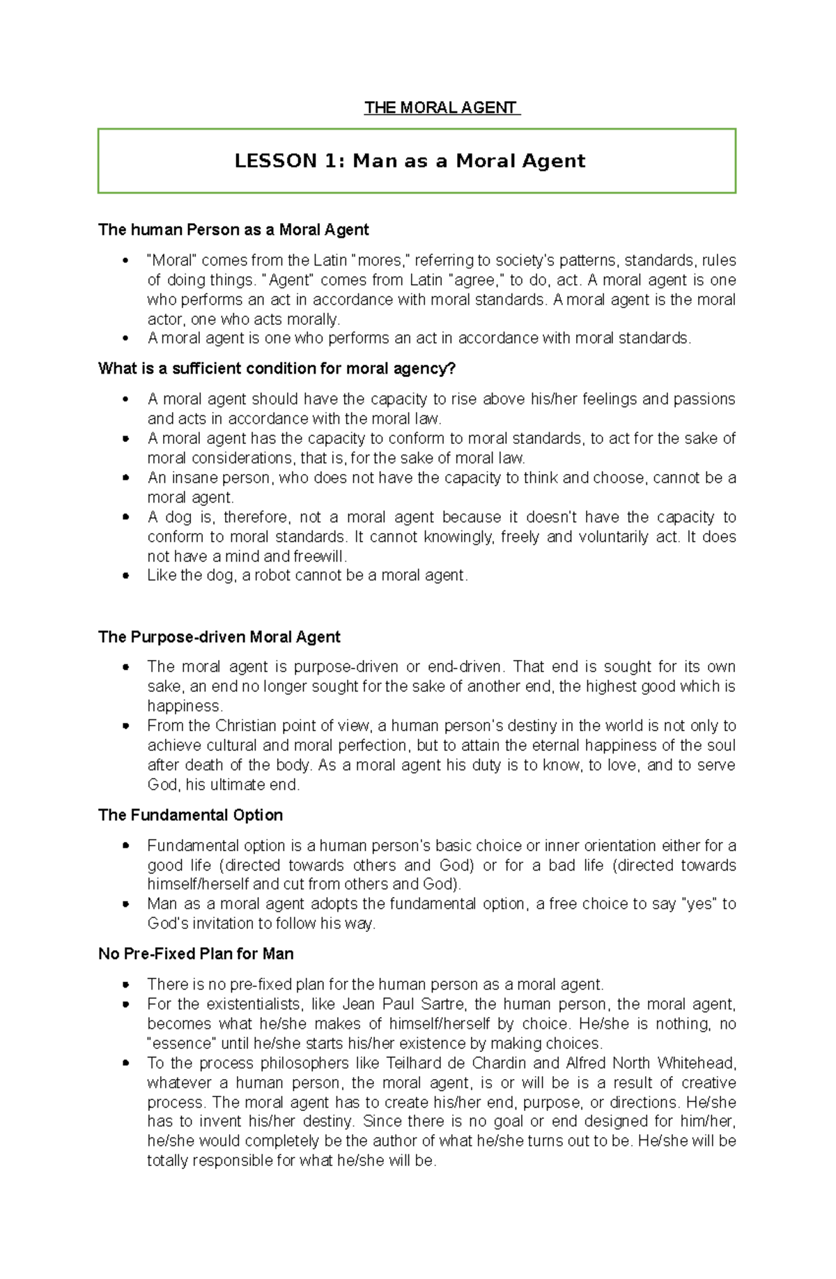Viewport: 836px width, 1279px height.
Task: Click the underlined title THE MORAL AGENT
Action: coord(442,107)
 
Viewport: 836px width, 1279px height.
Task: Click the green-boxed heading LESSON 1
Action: coord(410,161)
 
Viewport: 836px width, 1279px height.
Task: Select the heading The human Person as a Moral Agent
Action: coord(233,229)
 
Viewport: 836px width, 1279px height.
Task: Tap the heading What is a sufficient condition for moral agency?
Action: coord(277,368)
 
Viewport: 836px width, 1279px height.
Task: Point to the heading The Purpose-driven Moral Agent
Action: coord(219,636)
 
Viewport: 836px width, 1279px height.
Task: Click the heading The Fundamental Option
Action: coord(190,815)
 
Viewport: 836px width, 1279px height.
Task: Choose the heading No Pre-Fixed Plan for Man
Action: coord(196,953)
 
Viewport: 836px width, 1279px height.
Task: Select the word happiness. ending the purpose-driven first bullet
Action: coord(185,705)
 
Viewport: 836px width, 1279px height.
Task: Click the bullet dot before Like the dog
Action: coord(125,576)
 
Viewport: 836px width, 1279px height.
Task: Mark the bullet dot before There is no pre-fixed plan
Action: coord(125,985)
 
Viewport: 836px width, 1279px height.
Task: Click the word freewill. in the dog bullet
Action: coord(320,556)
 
